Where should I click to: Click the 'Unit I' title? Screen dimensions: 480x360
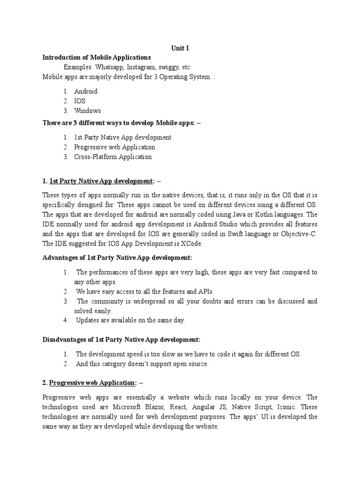coord(180,47)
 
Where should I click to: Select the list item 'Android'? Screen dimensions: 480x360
coord(86,91)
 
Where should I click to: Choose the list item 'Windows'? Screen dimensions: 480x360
coord(87,111)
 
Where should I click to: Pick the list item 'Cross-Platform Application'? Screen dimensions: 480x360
coord(113,157)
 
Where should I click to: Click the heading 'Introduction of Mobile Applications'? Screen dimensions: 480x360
coord(97,57)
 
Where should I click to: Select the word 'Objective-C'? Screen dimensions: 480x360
coord(299,234)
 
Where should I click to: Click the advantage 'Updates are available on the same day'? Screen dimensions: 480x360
coord(130,321)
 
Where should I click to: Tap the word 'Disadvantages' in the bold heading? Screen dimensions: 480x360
coord(66,339)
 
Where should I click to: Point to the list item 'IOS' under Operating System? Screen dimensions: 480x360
coord(80,101)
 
